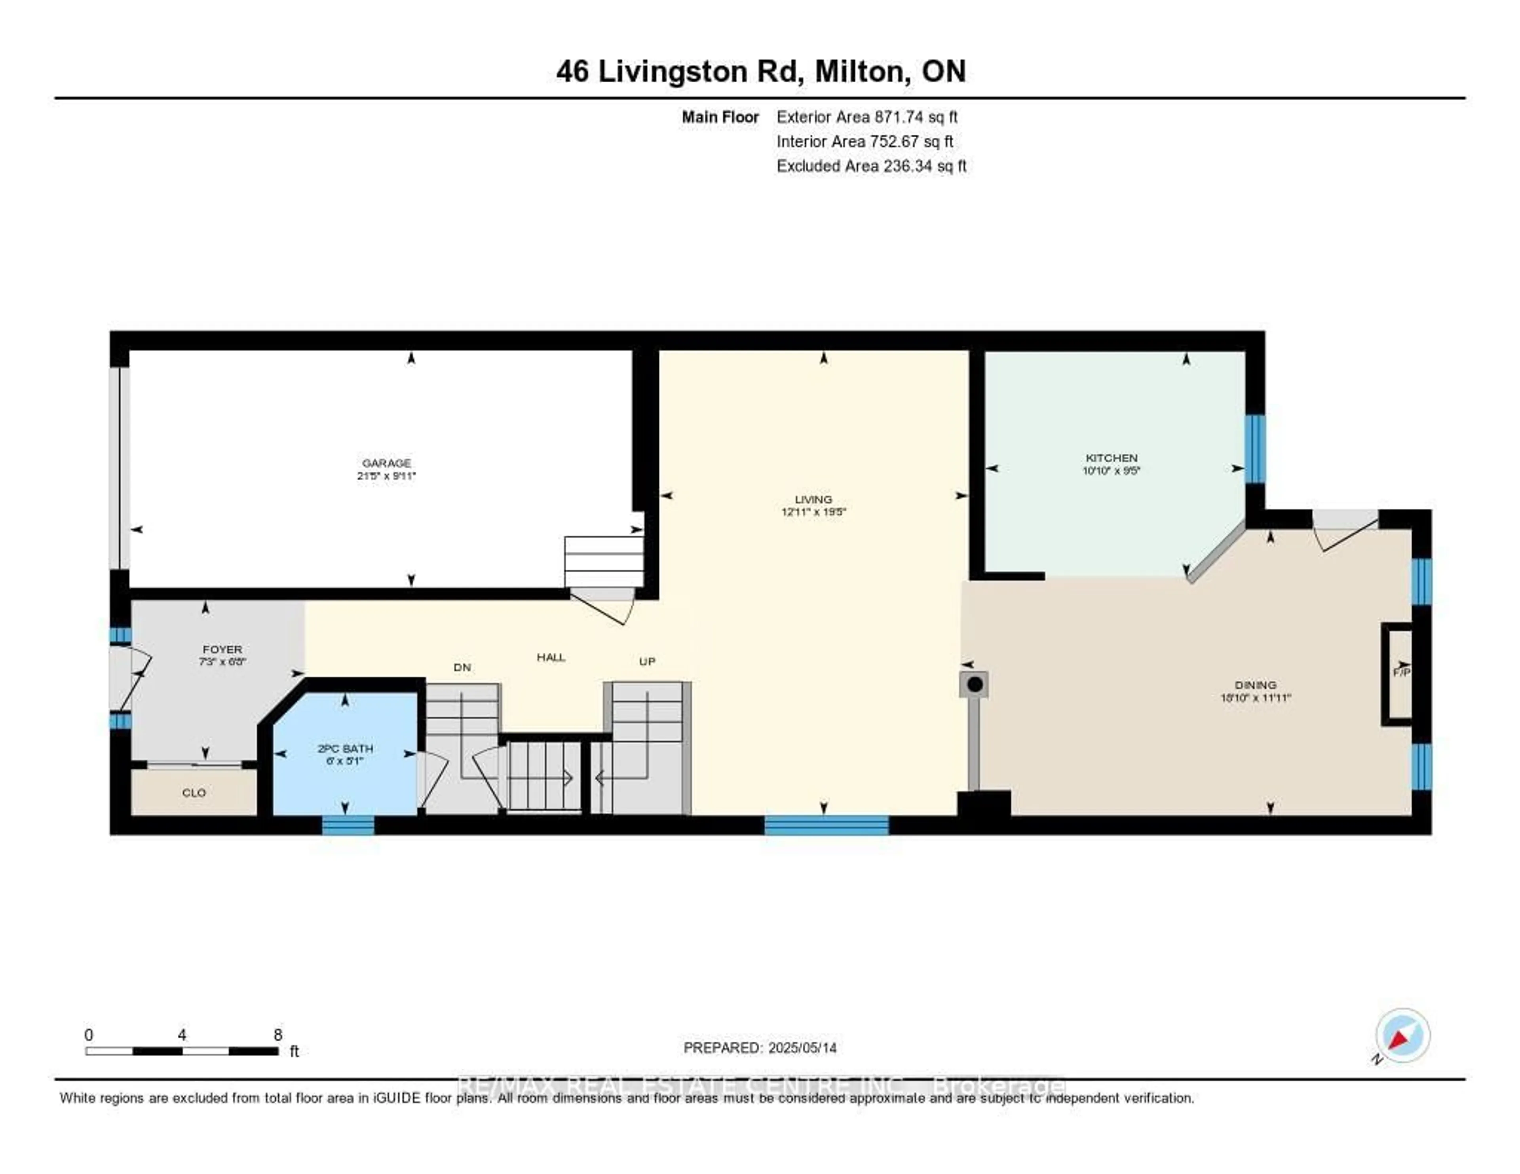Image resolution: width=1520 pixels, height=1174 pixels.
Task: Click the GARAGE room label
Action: pyautogui.click(x=386, y=463)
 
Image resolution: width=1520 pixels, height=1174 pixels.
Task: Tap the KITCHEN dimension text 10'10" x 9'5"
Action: pyautogui.click(x=1111, y=471)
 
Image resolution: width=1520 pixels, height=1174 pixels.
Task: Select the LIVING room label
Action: pyautogui.click(x=813, y=499)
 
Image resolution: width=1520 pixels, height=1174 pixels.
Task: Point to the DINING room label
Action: pyautogui.click(x=1256, y=685)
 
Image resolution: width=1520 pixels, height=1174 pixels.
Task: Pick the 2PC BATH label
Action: pyautogui.click(x=345, y=749)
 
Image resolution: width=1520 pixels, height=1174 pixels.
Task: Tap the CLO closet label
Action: pyautogui.click(x=194, y=793)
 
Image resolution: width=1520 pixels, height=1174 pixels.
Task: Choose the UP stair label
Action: pyautogui.click(x=647, y=661)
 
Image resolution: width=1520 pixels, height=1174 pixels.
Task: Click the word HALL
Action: pyautogui.click(x=551, y=657)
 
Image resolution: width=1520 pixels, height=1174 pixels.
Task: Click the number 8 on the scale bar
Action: pyautogui.click(x=278, y=1035)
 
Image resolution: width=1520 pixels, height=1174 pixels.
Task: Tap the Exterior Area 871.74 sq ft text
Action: pyautogui.click(x=867, y=117)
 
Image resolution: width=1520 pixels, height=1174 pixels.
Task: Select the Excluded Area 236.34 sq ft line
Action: pyautogui.click(x=871, y=165)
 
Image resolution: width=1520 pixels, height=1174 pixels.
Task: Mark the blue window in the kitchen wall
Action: pyautogui.click(x=1255, y=449)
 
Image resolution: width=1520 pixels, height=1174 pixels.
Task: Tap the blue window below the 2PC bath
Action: pyautogui.click(x=348, y=825)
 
